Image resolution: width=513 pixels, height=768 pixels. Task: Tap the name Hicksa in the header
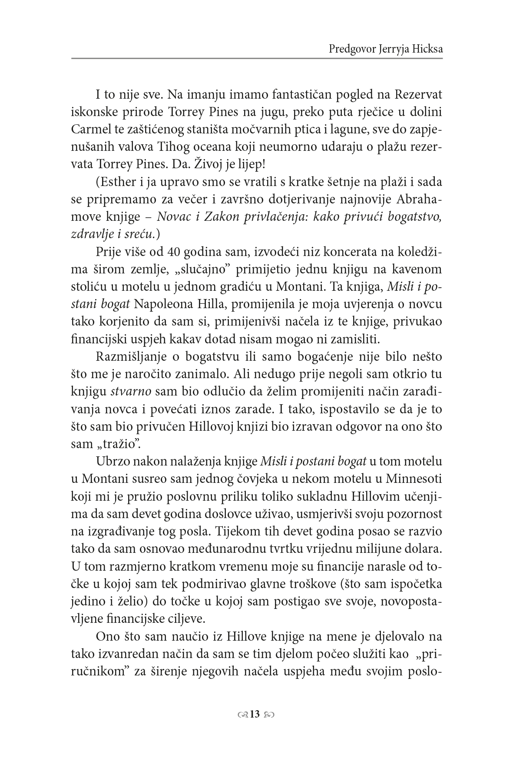coord(426,49)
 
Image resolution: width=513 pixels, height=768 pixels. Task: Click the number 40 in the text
coord(179,252)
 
